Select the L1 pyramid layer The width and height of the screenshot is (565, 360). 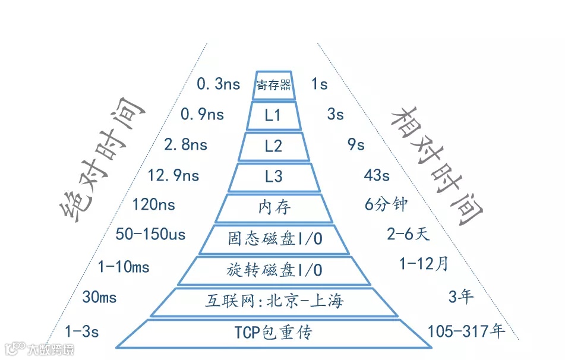point(273,116)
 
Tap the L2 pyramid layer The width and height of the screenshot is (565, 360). point(273,146)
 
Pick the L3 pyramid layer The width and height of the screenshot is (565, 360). point(273,176)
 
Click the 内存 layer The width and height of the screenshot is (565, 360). point(274,207)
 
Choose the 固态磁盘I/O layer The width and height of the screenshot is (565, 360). point(274,239)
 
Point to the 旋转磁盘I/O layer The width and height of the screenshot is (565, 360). point(274,270)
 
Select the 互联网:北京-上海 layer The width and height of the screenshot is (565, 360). point(274,301)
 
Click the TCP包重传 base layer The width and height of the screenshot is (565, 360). point(274,333)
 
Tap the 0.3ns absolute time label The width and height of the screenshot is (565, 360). point(218,84)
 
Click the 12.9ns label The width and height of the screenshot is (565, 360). point(173,175)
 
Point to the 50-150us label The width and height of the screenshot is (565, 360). point(151,235)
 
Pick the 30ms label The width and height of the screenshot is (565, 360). point(99,297)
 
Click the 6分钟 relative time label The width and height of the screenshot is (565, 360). point(386,204)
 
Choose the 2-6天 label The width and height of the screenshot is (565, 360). point(408,235)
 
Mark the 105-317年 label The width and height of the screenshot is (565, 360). point(466,331)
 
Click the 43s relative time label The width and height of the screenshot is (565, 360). point(377,175)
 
